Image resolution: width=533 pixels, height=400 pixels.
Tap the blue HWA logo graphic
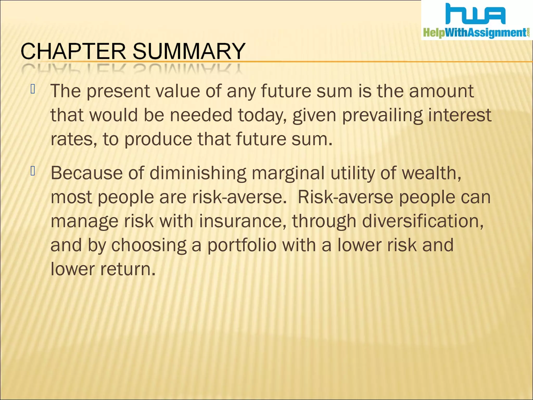475,14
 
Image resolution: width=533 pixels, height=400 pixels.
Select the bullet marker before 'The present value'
33,89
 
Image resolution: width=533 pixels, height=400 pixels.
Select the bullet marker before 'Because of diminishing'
33,171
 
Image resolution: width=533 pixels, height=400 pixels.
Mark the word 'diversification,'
423,221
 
